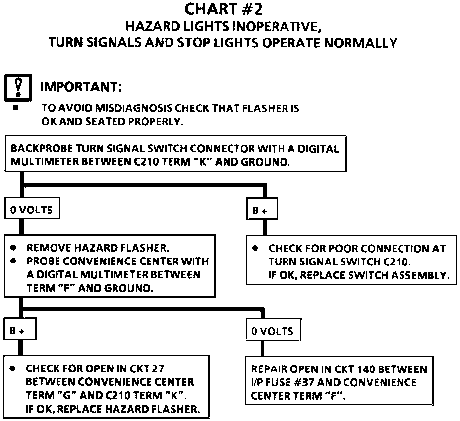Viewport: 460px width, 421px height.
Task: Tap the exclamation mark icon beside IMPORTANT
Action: (x=18, y=86)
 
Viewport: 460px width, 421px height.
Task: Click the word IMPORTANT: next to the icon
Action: (x=81, y=87)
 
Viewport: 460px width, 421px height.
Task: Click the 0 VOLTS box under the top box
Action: (x=32, y=210)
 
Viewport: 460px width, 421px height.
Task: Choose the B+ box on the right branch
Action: (x=261, y=210)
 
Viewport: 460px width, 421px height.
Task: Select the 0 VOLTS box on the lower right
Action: (x=273, y=331)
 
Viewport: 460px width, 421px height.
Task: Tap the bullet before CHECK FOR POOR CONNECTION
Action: (x=256, y=248)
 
